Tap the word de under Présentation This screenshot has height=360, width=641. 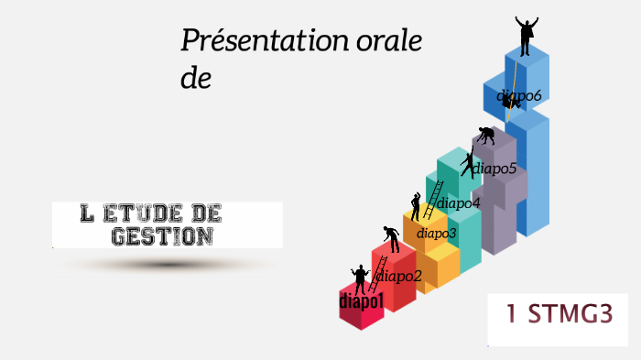196,80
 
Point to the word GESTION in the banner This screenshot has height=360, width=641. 163,236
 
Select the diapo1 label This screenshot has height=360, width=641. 361,300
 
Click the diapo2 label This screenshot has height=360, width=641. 399,276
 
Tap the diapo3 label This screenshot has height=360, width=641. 436,233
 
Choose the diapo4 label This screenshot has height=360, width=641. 459,203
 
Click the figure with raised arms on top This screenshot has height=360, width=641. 526,36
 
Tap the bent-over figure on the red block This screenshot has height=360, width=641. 392,238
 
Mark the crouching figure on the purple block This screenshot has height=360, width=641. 486,136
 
